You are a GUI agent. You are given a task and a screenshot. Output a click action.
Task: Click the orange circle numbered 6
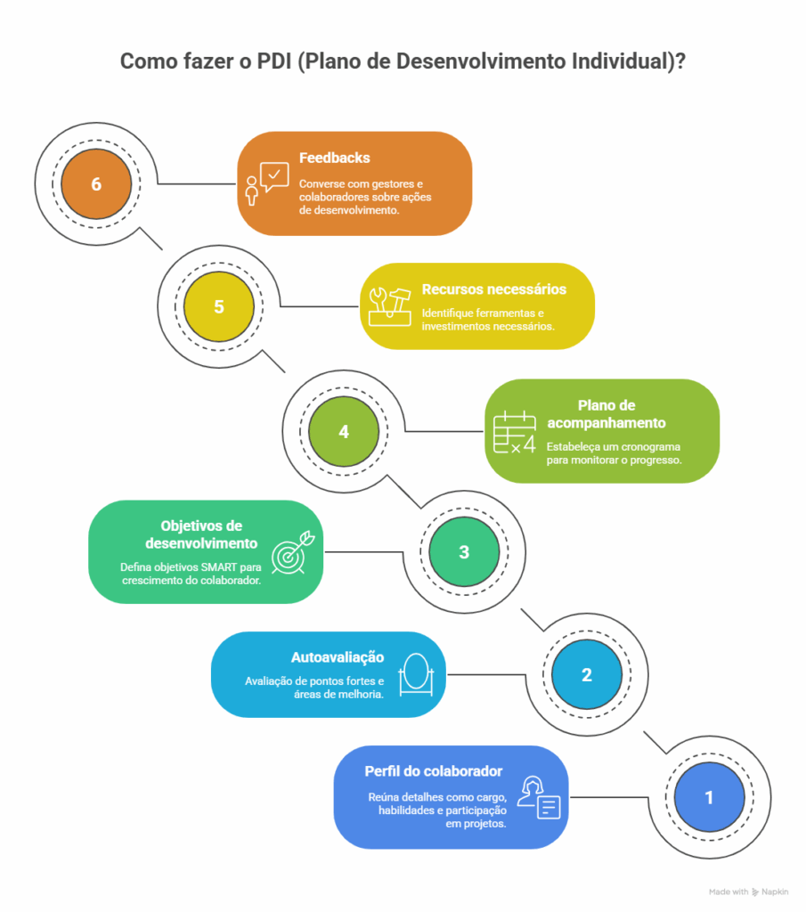[x=95, y=184]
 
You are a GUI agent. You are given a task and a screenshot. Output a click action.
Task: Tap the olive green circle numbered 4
[x=342, y=430]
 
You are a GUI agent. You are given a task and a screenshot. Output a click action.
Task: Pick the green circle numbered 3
[x=464, y=552]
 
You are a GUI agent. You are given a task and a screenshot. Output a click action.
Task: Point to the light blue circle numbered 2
[x=586, y=675]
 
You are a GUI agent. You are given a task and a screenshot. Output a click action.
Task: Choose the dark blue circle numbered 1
[x=709, y=798]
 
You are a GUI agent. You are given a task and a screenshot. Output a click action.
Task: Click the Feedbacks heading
[x=335, y=158]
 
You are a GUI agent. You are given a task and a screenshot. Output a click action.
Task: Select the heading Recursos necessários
[x=494, y=289]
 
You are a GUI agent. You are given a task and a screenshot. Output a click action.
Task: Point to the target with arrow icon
[x=289, y=551]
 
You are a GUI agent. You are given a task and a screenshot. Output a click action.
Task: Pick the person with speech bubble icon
[x=266, y=183]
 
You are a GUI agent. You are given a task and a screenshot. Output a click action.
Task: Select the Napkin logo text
[x=775, y=892]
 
